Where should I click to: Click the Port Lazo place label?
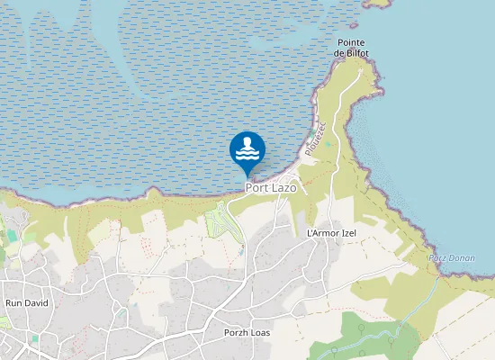click(271, 188)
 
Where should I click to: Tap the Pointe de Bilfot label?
click(352, 49)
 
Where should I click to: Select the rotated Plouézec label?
click(312, 139)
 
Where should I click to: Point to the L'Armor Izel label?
click(332, 233)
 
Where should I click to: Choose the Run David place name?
click(27, 303)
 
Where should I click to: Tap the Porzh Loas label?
click(247, 332)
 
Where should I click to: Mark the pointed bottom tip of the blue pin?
click(247, 176)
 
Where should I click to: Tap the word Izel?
click(347, 233)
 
